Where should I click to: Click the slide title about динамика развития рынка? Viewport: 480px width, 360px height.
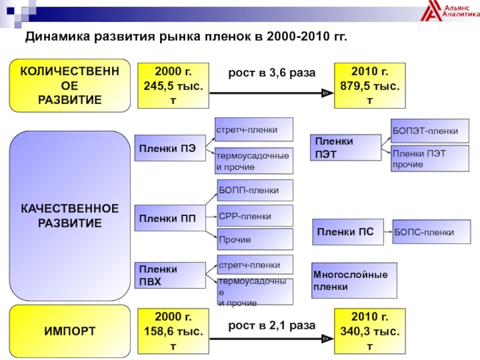point(185,38)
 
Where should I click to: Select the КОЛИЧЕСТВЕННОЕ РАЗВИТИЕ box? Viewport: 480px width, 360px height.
point(70,86)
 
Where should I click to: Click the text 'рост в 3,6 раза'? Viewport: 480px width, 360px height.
point(271,73)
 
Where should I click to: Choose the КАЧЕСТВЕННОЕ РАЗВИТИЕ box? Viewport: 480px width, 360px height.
point(70,215)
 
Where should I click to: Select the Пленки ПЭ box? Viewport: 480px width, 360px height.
point(170,149)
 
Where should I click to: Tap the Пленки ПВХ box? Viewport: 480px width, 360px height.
point(170,274)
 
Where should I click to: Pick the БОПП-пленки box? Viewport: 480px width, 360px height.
point(254,190)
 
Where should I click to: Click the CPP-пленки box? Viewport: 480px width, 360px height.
point(254,215)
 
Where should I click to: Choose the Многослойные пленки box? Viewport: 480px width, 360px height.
point(354,280)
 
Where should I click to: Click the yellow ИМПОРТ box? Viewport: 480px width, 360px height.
point(70,331)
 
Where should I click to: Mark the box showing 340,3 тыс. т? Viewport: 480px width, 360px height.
point(370,331)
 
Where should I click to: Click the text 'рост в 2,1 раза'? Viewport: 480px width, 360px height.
point(271,326)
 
